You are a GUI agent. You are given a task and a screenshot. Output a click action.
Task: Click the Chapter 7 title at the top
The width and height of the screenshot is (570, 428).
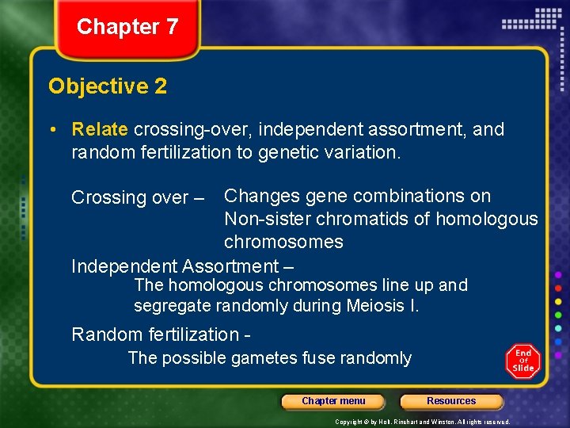click(x=127, y=27)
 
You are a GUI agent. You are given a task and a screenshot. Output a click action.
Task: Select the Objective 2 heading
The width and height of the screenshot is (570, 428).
click(x=108, y=86)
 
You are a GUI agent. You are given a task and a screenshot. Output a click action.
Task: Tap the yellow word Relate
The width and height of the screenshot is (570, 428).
click(x=100, y=129)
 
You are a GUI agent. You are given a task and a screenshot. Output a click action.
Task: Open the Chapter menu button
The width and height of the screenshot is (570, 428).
click(x=333, y=401)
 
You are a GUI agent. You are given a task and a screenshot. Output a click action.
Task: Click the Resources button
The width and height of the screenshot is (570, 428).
click(x=451, y=401)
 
